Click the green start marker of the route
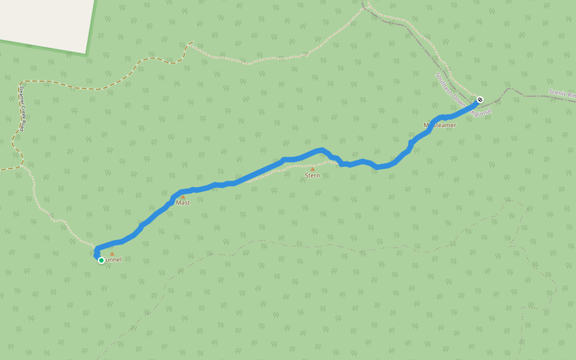pyautogui.click(x=101, y=260)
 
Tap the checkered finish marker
pyautogui.click(x=479, y=100)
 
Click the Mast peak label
pyautogui.click(x=183, y=203)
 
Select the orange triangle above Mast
pyautogui.click(x=183, y=197)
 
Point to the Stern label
pyautogui.click(x=312, y=175)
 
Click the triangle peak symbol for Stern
pyautogui.click(x=312, y=169)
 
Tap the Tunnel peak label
pyautogui.click(x=112, y=260)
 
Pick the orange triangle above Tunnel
pyautogui.click(x=112, y=254)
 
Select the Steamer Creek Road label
pyautogui.click(x=21, y=108)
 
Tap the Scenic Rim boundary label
pyautogui.click(x=562, y=94)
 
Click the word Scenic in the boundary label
pyautogui.click(x=557, y=92)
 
